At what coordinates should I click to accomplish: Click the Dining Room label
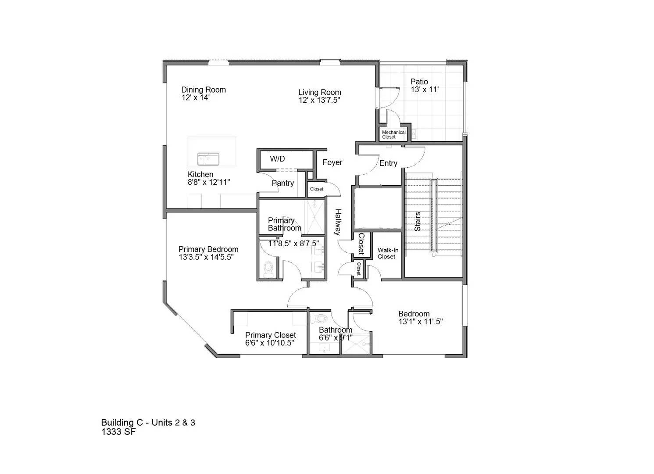click(x=204, y=90)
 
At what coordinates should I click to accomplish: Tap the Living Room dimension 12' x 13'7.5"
click(x=319, y=100)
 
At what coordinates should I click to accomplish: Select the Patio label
click(x=419, y=82)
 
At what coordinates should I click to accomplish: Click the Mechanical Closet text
click(x=393, y=134)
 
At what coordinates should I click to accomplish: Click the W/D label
click(x=277, y=159)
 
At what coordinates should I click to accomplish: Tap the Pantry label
click(x=282, y=183)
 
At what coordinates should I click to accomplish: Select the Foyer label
click(x=332, y=162)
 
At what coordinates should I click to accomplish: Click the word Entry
click(x=388, y=163)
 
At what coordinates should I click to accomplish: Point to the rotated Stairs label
click(x=418, y=221)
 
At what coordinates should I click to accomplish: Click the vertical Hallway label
click(x=338, y=222)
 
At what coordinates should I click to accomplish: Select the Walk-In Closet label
click(x=388, y=253)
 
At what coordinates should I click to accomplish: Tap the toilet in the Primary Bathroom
click(x=268, y=268)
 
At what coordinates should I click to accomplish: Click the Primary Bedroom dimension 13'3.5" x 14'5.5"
click(x=206, y=257)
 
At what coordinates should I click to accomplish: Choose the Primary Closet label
click(x=270, y=335)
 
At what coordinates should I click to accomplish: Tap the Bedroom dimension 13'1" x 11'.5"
click(x=420, y=321)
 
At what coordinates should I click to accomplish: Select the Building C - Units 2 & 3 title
click(x=148, y=423)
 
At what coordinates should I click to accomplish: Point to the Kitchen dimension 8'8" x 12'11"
click(x=209, y=182)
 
